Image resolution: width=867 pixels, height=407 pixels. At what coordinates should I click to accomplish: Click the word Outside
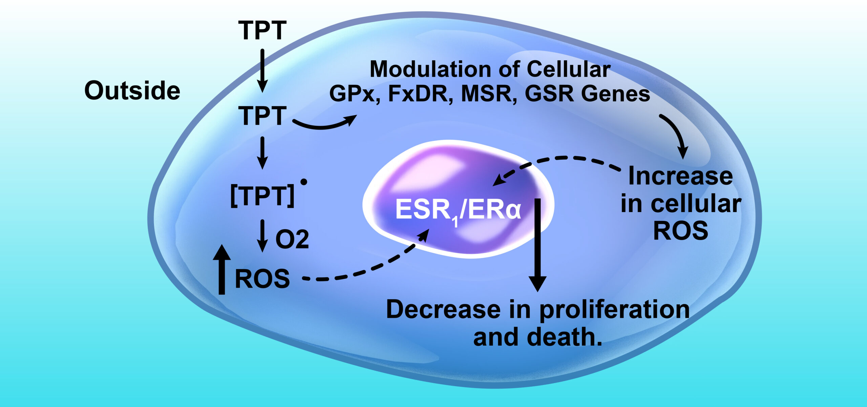pyautogui.click(x=132, y=91)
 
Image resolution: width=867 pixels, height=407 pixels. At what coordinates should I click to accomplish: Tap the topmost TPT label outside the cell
pyautogui.click(x=262, y=31)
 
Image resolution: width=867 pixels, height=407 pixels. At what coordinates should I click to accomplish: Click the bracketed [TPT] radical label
pyautogui.click(x=262, y=197)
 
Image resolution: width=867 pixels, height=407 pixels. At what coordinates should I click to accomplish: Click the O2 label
pyautogui.click(x=292, y=240)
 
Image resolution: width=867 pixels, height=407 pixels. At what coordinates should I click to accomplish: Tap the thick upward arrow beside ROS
pyautogui.click(x=221, y=269)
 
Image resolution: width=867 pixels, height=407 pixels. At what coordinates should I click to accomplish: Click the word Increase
pyautogui.click(x=680, y=177)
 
